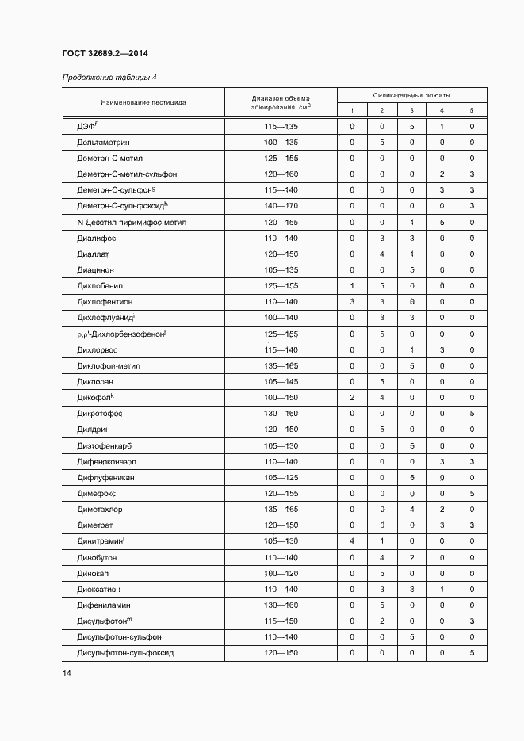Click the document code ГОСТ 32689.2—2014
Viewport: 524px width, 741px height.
point(105,54)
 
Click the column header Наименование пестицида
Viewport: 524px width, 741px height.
point(143,102)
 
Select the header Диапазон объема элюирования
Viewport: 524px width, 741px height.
point(281,102)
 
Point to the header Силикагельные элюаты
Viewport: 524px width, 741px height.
point(411,94)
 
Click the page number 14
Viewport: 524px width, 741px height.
point(67,673)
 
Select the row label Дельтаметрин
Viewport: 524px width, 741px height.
point(103,143)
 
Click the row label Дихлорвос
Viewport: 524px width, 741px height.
point(98,349)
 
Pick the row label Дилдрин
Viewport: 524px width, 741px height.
point(94,430)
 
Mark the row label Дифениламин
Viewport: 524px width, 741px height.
point(102,605)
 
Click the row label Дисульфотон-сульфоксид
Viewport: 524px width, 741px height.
point(124,653)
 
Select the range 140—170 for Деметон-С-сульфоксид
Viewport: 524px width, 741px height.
point(281,206)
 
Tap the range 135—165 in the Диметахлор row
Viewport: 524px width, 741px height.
point(281,510)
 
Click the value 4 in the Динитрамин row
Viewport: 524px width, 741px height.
point(351,541)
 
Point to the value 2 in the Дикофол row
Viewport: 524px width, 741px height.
point(351,398)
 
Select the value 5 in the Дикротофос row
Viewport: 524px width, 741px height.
point(472,414)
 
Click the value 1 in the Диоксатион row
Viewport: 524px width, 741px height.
point(442,590)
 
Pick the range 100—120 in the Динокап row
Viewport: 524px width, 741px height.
point(281,573)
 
